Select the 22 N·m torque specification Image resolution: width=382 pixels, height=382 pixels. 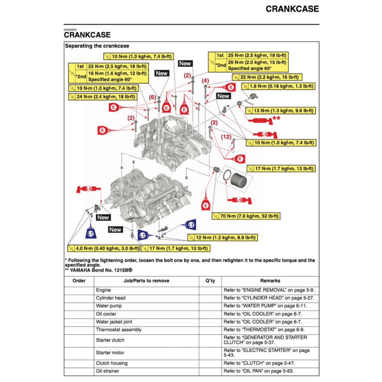pyautogui.click(x=267, y=77)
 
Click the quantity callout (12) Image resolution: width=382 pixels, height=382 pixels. pyautogui.click(x=226, y=137)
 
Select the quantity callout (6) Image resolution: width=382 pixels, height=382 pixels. pyautogui.click(x=152, y=97)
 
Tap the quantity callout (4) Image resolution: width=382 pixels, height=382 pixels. pyautogui.click(x=205, y=81)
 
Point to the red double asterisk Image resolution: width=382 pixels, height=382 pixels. pyautogui.click(x=276, y=118)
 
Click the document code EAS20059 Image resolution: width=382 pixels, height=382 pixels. pyautogui.click(x=70, y=29)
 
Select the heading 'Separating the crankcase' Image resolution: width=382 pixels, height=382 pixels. pyautogui.click(x=97, y=46)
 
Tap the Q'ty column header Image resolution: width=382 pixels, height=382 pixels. pyautogui.click(x=210, y=281)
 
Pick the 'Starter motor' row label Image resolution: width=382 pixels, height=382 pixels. pyautogui.click(x=110, y=353)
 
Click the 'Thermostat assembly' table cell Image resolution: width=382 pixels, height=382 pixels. pyautogui.click(x=119, y=330)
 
